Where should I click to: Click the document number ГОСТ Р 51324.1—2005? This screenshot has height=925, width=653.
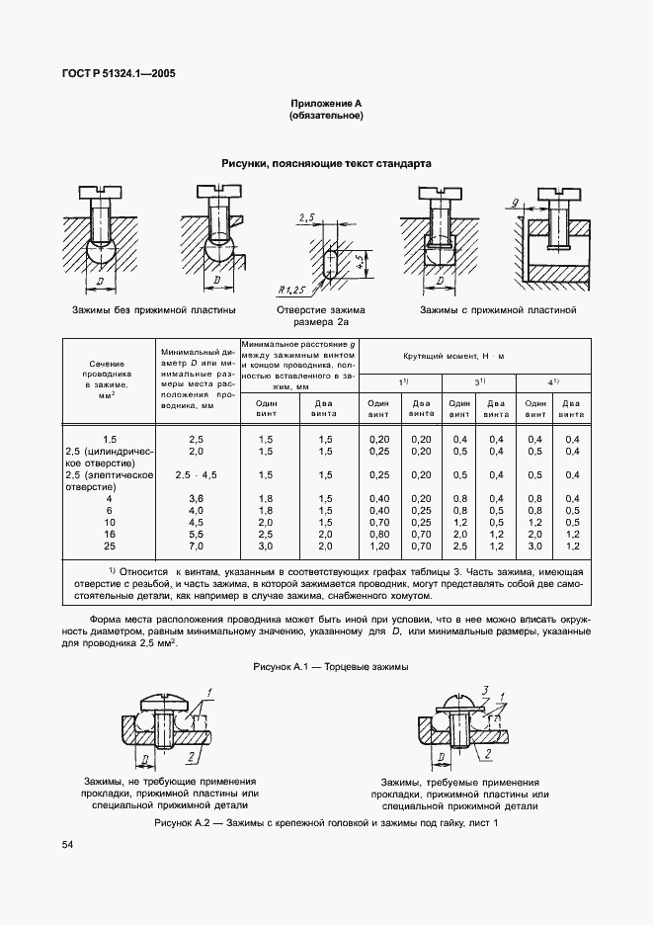pyautogui.click(x=113, y=74)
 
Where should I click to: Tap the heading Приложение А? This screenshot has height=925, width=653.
pyautogui.click(x=326, y=103)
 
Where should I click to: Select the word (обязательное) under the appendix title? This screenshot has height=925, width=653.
pyautogui.click(x=326, y=116)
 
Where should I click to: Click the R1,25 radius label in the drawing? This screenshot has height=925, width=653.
pyautogui.click(x=293, y=289)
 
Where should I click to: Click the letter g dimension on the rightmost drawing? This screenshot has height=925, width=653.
pyautogui.click(x=516, y=204)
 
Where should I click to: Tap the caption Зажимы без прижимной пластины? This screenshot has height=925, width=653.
pyautogui.click(x=153, y=309)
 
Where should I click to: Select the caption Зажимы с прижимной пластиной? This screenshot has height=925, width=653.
pyautogui.click(x=497, y=309)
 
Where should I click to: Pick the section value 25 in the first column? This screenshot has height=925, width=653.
pyautogui.click(x=109, y=546)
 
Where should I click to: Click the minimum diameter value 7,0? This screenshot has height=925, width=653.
pyautogui.click(x=196, y=546)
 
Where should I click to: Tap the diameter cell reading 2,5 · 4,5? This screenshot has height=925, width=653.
pyautogui.click(x=196, y=474)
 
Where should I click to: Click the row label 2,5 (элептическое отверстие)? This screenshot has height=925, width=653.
pyautogui.click(x=109, y=480)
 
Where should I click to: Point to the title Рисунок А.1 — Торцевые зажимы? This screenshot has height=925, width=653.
pyautogui.click(x=330, y=666)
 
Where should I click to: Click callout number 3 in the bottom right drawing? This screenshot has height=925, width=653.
pyautogui.click(x=485, y=688)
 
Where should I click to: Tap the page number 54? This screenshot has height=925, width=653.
pyautogui.click(x=67, y=844)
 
